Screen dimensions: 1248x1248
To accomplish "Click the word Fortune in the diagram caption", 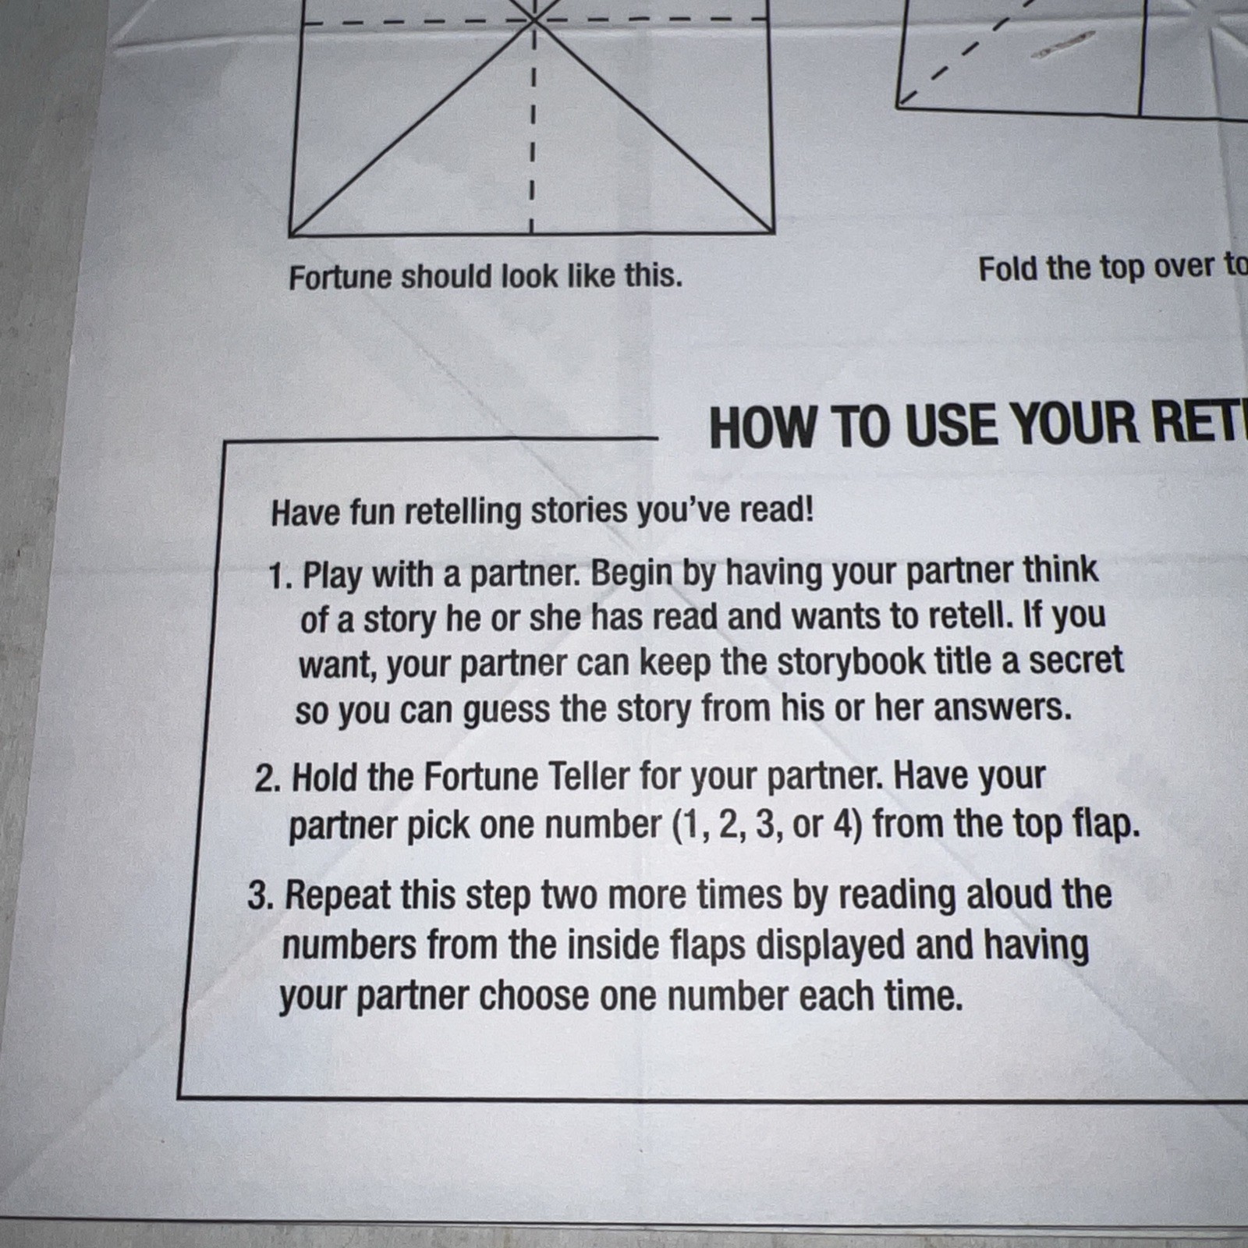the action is pyautogui.click(x=340, y=277).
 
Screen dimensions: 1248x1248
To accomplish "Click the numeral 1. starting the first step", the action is pyautogui.click(x=281, y=576).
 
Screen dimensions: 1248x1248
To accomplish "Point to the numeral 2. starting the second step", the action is pyautogui.click(x=268, y=779).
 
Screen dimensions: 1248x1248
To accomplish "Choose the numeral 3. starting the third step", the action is pyautogui.click(x=261, y=896).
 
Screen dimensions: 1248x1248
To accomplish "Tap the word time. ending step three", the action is pyautogui.click(x=924, y=996).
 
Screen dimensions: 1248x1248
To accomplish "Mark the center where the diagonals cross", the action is pyautogui.click(x=534, y=19).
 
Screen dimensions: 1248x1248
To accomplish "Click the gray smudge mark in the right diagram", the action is pyautogui.click(x=1062, y=44).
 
